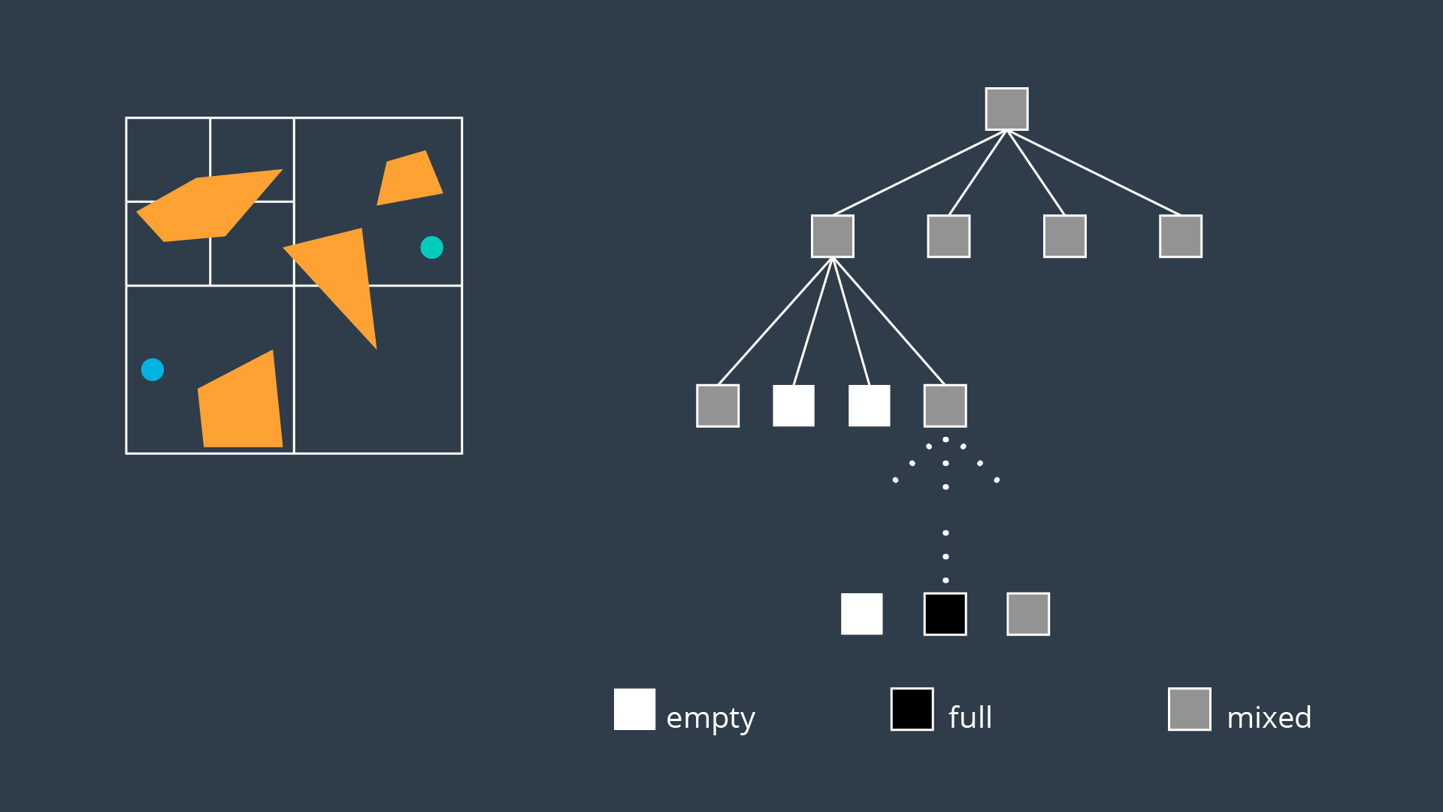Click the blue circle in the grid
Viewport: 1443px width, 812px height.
(x=153, y=370)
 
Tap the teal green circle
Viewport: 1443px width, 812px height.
(x=431, y=247)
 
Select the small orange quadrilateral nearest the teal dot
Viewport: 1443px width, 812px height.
(x=409, y=179)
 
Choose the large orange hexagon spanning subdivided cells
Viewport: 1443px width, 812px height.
(x=207, y=206)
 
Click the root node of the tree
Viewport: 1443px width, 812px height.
(x=1006, y=109)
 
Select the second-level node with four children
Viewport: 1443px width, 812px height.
(x=833, y=236)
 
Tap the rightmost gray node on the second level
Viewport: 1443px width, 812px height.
(x=1181, y=236)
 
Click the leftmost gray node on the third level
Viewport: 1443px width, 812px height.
(x=718, y=406)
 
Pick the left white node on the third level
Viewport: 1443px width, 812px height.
(x=794, y=406)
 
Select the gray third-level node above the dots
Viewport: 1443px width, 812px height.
(x=945, y=406)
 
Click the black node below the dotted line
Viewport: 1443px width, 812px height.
(x=945, y=614)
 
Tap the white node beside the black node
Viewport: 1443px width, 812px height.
(x=862, y=614)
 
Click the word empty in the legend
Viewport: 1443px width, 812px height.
(x=710, y=719)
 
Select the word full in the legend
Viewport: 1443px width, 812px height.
(x=970, y=717)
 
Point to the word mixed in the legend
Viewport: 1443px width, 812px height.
(x=1269, y=718)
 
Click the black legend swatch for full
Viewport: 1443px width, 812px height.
(x=912, y=709)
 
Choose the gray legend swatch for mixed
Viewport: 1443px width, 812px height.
(x=1190, y=709)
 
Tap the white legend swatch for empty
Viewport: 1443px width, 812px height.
(x=634, y=709)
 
